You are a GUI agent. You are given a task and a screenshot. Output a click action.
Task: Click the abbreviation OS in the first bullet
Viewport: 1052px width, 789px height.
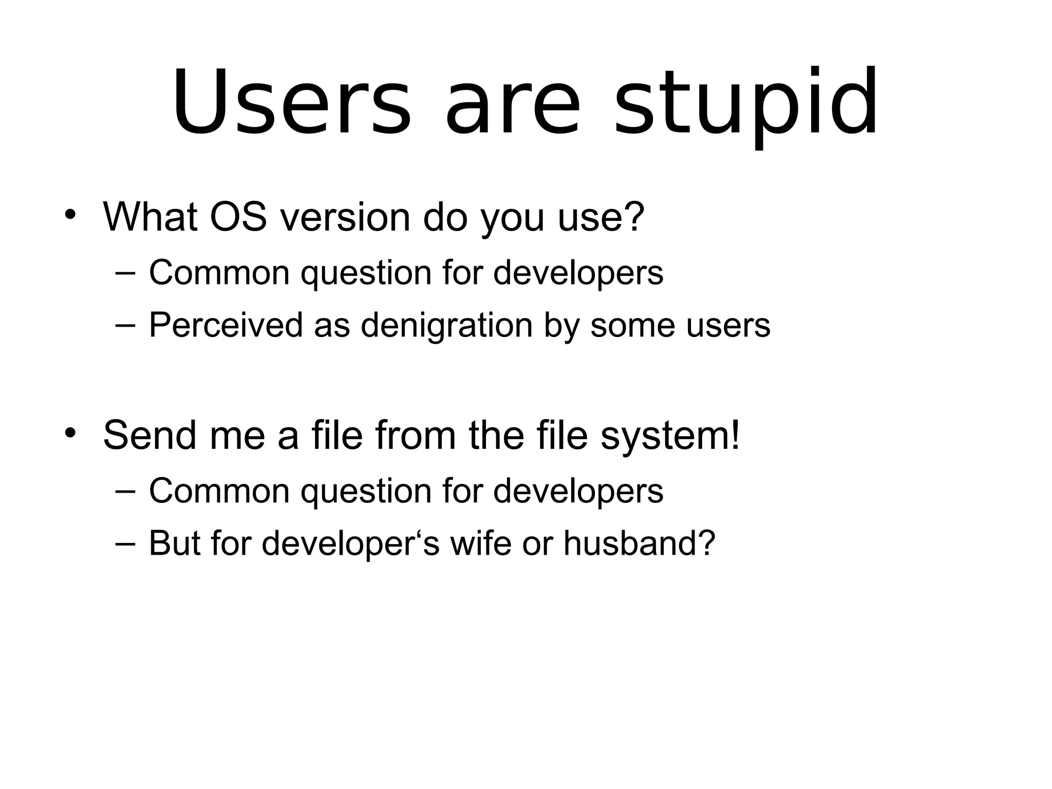click(x=238, y=217)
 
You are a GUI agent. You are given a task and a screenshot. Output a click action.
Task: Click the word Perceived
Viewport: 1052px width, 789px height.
click(x=226, y=325)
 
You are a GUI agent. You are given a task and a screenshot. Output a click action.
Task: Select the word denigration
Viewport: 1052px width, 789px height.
click(x=446, y=326)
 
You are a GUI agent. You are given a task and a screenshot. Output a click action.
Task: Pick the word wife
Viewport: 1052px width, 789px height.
click(x=481, y=543)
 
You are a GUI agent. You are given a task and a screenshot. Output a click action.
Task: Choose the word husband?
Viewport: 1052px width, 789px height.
click(x=640, y=543)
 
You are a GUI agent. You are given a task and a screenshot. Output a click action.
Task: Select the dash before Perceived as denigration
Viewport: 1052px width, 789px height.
click(x=125, y=325)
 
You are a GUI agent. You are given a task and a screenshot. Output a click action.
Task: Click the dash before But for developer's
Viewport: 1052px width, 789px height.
click(x=125, y=543)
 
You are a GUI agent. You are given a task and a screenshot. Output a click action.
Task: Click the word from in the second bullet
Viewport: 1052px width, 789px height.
click(x=416, y=435)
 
